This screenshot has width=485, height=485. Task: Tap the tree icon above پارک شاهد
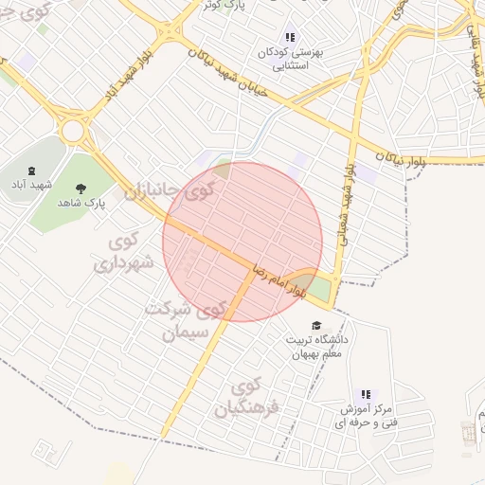(81, 188)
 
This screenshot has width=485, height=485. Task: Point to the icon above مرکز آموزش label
(365, 395)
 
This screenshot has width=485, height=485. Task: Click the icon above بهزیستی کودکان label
(290, 38)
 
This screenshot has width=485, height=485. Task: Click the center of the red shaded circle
(242, 242)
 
